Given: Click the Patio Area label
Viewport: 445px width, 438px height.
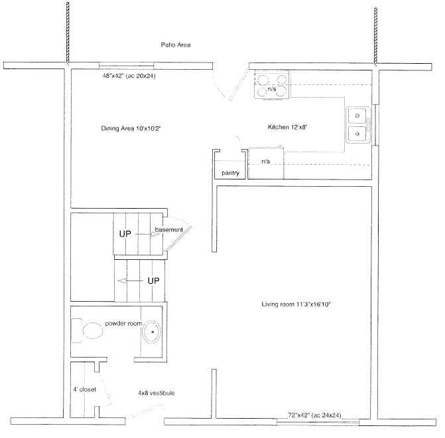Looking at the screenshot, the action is coord(176,45).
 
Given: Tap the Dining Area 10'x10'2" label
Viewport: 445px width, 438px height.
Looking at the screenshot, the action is coord(131,128).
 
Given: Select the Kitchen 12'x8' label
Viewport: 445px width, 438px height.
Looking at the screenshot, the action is coord(287,127).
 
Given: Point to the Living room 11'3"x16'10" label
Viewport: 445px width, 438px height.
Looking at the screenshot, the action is coord(296,304).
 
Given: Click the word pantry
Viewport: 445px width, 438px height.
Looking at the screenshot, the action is coord(230,173).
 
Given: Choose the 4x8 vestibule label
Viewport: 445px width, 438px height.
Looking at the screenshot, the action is coord(156,393).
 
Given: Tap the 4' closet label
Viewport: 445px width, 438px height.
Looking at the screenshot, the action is coord(84,389).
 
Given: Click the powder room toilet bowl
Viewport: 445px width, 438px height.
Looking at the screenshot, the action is coord(93,330).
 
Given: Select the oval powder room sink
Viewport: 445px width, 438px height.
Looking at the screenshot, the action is coord(152,332).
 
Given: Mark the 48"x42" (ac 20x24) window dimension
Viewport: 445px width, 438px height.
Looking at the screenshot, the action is coord(129,76).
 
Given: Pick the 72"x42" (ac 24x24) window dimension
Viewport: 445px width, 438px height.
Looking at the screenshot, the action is coord(314,415).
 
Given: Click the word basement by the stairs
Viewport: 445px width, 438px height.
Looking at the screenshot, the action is coord(169,229).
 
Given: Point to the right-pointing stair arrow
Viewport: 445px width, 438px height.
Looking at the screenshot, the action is coord(147,235).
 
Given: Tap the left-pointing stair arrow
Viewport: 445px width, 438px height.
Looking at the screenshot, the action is coord(130,281).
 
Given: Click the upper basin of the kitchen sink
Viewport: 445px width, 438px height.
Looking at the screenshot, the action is coord(357,116).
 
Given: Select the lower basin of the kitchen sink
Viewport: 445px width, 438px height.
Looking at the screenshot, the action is coord(357,134).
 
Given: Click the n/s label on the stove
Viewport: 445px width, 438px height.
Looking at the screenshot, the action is coord(272,89).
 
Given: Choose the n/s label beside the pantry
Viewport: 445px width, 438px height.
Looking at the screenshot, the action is coord(266,162).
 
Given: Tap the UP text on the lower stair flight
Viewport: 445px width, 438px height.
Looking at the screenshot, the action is coord(154,281).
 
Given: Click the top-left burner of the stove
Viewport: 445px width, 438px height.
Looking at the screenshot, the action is coord(263,80).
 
